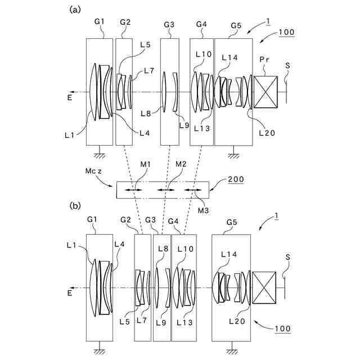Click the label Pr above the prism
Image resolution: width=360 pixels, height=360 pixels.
[x=265, y=59]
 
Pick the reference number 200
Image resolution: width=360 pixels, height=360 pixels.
[x=237, y=180]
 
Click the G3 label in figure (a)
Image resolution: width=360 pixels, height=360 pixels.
[x=169, y=25]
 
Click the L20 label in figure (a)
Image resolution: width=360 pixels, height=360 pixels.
[x=267, y=133]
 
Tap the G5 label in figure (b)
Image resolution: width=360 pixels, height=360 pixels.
[x=231, y=222]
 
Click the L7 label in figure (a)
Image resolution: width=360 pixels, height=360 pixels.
[x=148, y=71]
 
